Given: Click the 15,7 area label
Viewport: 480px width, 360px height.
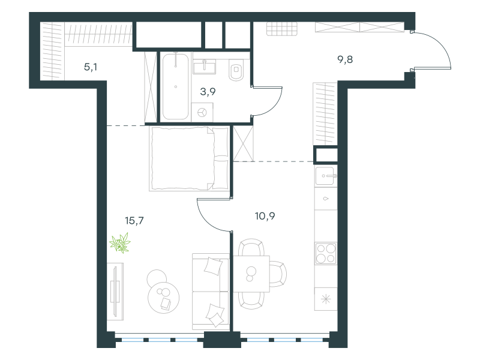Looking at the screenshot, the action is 134,220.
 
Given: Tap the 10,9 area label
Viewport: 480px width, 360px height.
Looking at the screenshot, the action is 265,216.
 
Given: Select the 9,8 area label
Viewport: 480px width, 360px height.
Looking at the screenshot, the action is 345,59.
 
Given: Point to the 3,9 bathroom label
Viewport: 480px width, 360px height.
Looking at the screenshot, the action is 208,91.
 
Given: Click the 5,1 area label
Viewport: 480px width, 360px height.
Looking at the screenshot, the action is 91,67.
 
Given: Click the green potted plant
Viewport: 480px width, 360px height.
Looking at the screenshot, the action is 120,242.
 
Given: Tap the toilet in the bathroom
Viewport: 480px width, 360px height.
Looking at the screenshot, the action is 236,70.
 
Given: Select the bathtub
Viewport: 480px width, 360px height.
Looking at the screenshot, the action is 175,86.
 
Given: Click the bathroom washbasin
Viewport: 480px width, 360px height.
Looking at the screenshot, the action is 204,67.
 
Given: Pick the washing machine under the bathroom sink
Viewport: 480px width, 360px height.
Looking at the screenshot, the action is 202,112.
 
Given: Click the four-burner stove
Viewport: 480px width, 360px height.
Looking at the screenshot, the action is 326,253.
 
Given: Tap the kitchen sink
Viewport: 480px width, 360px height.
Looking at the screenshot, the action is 326,176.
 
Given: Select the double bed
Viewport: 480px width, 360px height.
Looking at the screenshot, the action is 189,159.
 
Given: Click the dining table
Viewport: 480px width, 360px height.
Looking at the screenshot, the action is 251,274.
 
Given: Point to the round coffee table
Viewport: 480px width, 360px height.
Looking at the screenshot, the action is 163,298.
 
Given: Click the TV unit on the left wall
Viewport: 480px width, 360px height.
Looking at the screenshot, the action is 115,292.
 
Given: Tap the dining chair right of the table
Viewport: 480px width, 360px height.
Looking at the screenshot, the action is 278,274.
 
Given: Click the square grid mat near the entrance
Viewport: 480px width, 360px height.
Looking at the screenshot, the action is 281,29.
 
